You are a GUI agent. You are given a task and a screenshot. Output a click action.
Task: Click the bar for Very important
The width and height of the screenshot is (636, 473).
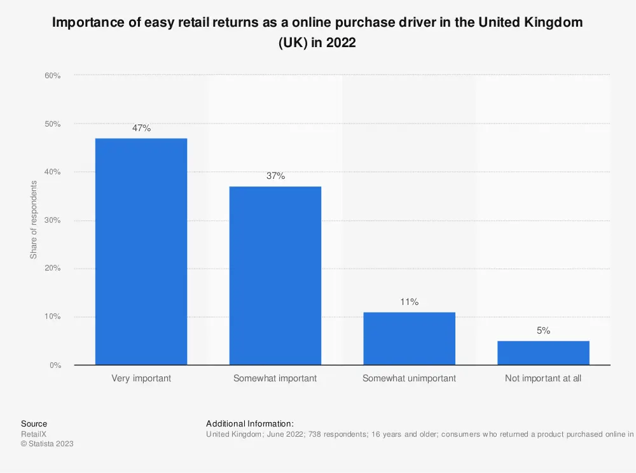(x=141, y=251)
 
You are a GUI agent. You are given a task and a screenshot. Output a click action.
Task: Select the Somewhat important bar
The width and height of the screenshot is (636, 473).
(x=275, y=276)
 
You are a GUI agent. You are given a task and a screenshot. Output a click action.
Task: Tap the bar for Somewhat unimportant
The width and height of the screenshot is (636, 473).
(x=409, y=338)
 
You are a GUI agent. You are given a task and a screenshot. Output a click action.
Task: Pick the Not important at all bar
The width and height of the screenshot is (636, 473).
(x=543, y=353)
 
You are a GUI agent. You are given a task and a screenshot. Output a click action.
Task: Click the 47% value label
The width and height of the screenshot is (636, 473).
(x=141, y=128)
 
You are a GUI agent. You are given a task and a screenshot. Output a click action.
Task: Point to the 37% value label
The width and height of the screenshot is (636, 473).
(x=275, y=176)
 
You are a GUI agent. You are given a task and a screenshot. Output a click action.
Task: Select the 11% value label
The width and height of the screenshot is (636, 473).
(x=409, y=302)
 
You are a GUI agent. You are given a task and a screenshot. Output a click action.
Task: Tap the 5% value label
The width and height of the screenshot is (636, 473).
(x=543, y=331)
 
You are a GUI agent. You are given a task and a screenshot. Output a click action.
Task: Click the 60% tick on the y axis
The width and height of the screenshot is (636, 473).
(x=53, y=76)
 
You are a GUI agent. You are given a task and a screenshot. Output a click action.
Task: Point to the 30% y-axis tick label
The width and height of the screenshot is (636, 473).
(x=53, y=220)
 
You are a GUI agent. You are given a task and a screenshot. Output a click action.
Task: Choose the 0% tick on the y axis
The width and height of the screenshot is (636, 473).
(x=55, y=365)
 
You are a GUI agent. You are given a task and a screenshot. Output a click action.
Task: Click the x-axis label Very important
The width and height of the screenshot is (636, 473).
(x=141, y=378)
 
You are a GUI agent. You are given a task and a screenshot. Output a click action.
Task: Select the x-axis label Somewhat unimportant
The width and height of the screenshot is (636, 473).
(x=409, y=378)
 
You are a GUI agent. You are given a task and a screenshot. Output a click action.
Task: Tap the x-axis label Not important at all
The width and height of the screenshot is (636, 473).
(x=543, y=378)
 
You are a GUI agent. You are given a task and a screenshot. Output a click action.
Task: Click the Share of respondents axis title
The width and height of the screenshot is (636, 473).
(x=34, y=220)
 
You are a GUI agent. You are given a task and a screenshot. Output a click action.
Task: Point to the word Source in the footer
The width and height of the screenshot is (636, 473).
(x=34, y=423)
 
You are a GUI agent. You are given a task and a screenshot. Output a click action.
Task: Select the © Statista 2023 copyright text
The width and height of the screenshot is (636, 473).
(x=47, y=444)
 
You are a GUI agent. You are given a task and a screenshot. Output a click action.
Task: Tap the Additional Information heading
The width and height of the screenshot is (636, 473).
(x=250, y=423)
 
